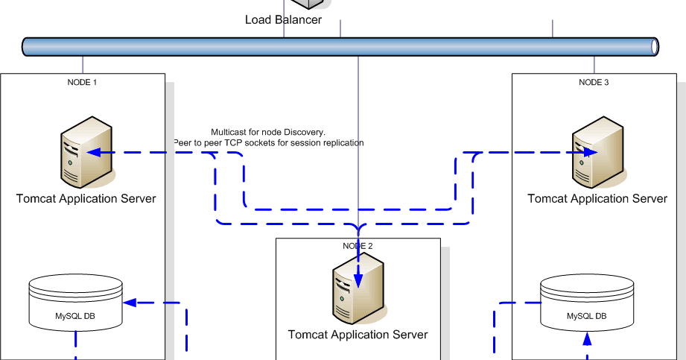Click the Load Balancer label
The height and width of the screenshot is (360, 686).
point(283,19)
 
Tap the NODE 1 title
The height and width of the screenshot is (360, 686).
point(83,82)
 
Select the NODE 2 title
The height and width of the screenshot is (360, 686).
point(358,246)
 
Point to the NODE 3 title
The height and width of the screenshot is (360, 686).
point(594,82)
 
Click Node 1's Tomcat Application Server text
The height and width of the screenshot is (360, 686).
point(86,198)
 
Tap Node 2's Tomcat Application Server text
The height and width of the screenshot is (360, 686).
point(358,335)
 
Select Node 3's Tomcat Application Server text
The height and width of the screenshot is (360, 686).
point(597,198)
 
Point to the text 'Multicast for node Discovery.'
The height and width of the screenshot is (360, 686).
point(268,131)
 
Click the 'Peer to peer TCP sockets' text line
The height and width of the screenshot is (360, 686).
point(269,142)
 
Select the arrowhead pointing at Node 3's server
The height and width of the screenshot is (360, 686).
point(590,153)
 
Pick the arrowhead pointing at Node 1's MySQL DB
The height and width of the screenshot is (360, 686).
point(130,303)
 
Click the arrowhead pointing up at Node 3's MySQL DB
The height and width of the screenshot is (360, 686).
point(586,339)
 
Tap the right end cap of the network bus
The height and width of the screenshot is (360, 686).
point(655,47)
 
